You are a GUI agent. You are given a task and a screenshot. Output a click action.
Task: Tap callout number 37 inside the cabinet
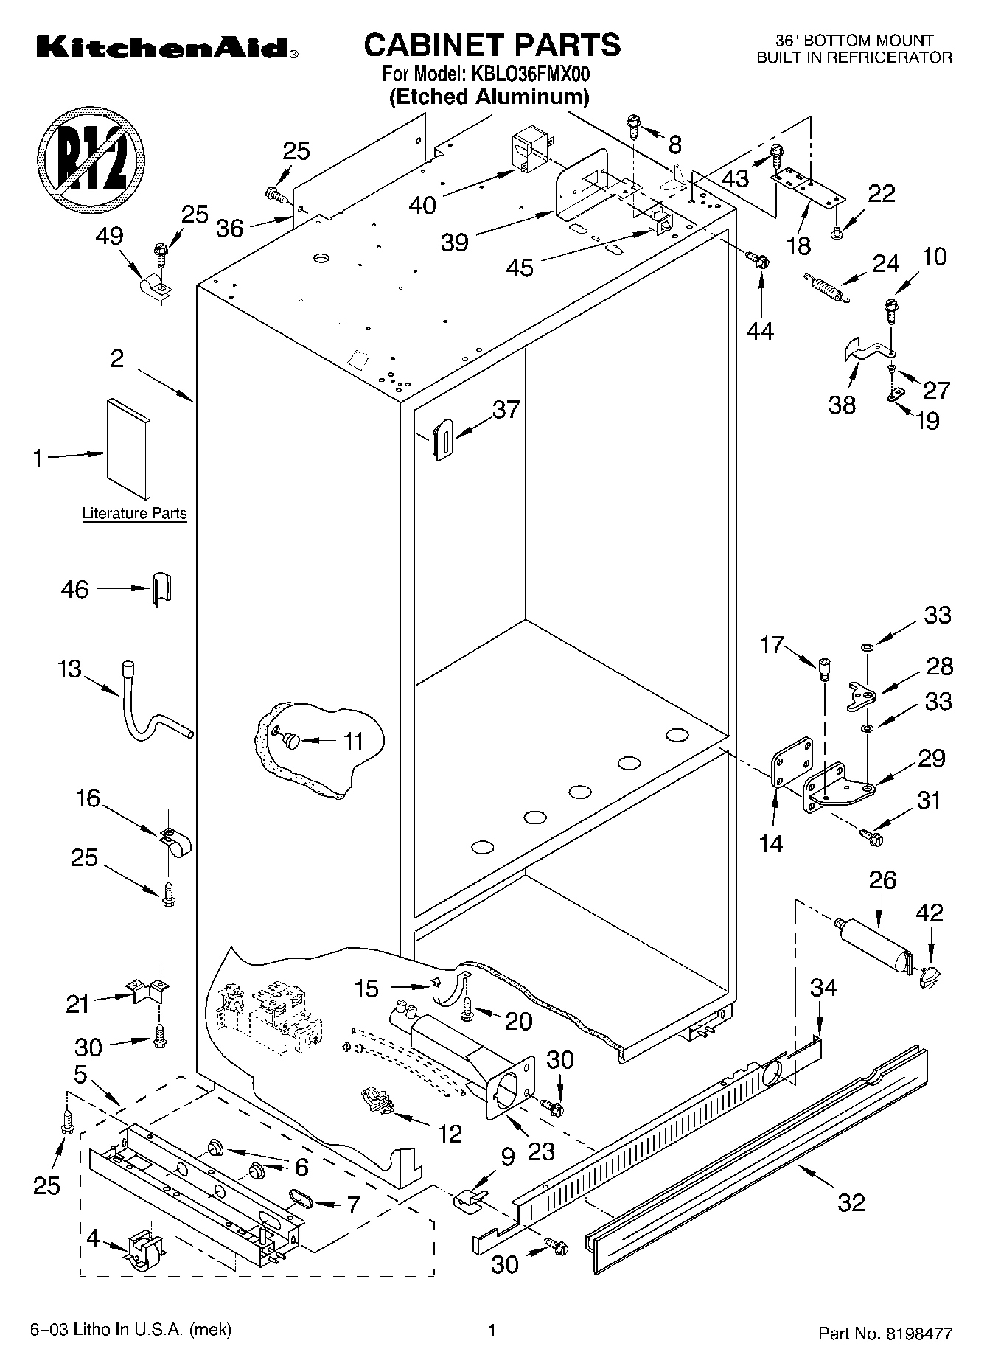[x=506, y=410]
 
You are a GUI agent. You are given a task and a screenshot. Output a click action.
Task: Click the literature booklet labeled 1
[x=129, y=447]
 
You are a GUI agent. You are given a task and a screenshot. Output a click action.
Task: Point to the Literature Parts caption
[x=134, y=513]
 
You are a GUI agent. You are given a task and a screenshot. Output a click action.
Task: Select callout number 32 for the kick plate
[x=851, y=1202]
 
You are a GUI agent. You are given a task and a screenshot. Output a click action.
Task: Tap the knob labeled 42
[x=931, y=978]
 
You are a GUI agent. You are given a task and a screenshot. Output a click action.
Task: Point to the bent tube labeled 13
[x=150, y=708]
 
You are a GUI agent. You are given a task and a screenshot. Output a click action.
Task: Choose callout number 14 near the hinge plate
[x=771, y=843]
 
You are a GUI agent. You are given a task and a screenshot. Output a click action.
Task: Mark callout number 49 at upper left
[x=110, y=237]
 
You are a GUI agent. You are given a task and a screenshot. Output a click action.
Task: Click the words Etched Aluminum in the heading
[x=489, y=97]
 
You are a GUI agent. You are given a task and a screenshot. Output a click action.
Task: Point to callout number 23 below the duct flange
[x=540, y=1151]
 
